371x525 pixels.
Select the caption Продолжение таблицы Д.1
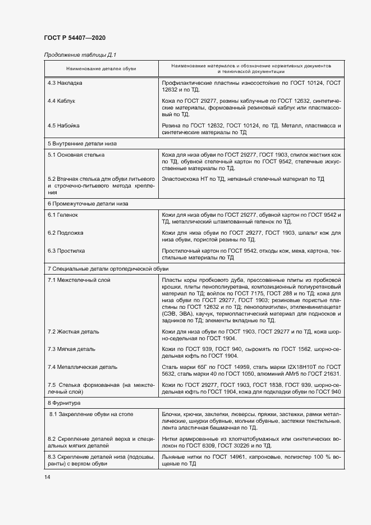point(79,54)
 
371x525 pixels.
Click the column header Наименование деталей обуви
point(101,69)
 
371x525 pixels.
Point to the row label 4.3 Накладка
point(65,83)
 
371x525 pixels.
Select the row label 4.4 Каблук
point(62,101)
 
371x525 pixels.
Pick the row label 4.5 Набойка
point(63,125)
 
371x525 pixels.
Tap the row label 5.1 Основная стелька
point(76,154)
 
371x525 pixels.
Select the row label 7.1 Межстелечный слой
point(79,279)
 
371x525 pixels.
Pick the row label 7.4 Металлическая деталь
point(83,367)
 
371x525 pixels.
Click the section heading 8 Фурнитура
point(65,403)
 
